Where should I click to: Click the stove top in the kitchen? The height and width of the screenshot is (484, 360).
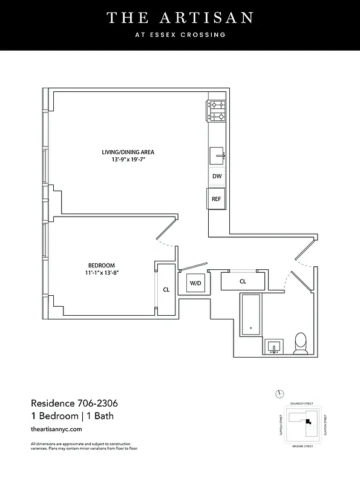217,110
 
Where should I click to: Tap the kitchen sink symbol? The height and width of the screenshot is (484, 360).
217,155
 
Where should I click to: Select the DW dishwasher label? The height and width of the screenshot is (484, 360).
217,177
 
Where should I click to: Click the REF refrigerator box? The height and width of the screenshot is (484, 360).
216,198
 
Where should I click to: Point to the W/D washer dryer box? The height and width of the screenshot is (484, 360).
195,283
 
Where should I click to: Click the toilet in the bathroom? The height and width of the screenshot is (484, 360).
300,344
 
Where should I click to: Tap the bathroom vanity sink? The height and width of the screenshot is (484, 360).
275,347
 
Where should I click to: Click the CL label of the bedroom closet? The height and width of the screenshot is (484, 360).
166,289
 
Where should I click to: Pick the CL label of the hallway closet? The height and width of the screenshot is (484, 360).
243,281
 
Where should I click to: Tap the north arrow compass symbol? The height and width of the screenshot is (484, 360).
278,394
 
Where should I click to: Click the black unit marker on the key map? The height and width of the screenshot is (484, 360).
308,421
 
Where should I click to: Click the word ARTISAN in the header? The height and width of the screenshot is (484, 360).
201,18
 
